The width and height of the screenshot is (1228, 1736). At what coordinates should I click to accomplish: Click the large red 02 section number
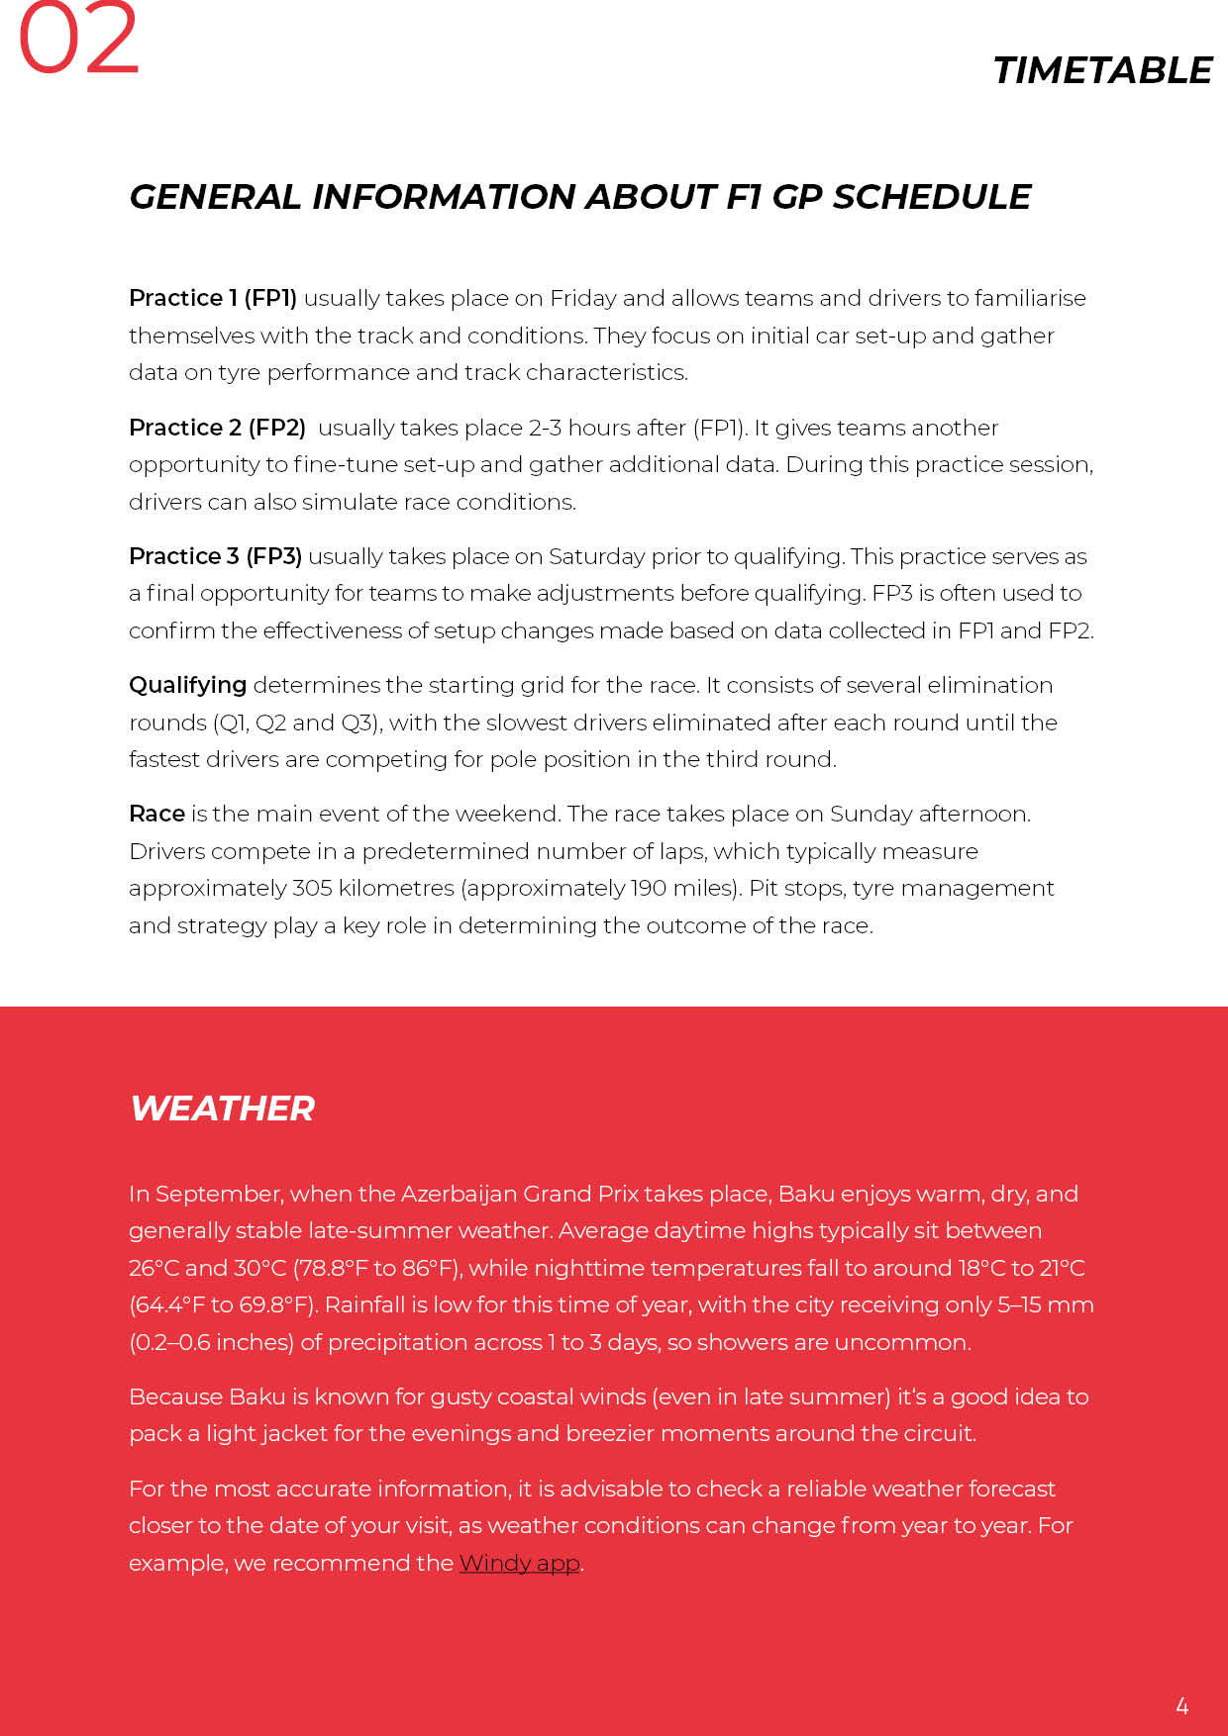[x=79, y=40]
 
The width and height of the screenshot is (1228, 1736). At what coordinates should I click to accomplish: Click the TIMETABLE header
[x=1102, y=71]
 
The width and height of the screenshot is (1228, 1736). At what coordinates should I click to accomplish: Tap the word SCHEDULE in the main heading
[x=932, y=197]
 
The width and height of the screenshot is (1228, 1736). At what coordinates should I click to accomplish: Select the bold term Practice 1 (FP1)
[x=213, y=298]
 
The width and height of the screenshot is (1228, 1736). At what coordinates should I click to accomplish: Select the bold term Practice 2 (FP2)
[x=217, y=428]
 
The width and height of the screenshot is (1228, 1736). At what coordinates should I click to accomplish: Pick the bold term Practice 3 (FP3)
[x=215, y=556]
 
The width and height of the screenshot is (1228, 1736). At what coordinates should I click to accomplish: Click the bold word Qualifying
[x=187, y=685]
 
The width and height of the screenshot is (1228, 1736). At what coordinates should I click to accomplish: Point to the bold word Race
[x=156, y=814]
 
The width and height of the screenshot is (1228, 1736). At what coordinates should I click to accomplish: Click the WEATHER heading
[x=223, y=1109]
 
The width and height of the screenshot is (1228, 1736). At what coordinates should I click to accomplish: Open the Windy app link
[x=519, y=1563]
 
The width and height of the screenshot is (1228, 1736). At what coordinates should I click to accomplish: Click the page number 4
[x=1181, y=1705]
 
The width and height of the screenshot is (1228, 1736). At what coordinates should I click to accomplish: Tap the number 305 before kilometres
[x=312, y=888]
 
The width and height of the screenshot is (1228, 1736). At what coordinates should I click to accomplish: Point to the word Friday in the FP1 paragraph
[x=582, y=298]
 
